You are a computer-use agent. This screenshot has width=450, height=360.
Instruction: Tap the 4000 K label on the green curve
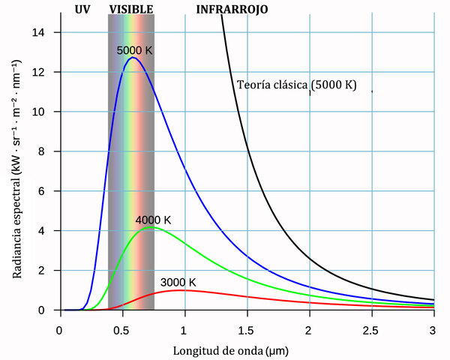click(153, 220)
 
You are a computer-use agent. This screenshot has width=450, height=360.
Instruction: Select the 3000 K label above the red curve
click(178, 282)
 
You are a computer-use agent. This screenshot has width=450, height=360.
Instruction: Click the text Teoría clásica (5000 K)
click(296, 85)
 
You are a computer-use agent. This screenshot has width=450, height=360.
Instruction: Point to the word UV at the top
click(83, 10)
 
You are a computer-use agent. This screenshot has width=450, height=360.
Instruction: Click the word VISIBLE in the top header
click(131, 10)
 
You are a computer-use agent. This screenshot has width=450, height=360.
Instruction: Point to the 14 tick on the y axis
click(46, 32)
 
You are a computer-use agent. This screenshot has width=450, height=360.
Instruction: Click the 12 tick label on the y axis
click(46, 72)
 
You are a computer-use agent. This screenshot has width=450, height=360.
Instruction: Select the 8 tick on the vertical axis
click(49, 151)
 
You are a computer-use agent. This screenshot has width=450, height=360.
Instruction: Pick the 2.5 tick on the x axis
click(371, 329)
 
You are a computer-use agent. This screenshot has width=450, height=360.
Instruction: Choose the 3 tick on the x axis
click(433, 329)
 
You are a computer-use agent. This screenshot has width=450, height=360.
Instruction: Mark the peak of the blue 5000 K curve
click(133, 58)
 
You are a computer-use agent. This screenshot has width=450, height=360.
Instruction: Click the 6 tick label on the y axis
click(49, 191)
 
